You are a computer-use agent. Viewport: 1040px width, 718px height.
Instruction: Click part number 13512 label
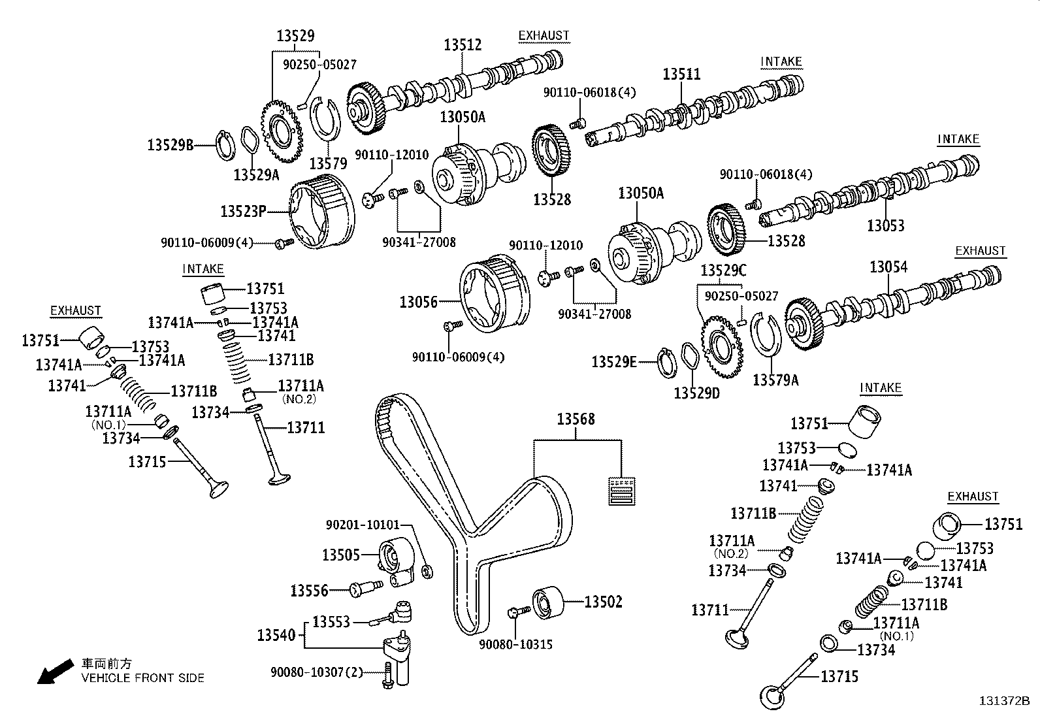(x=463, y=44)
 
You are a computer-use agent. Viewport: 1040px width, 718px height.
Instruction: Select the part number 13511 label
(x=681, y=73)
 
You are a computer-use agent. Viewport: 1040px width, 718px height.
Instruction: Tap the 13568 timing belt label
(x=576, y=419)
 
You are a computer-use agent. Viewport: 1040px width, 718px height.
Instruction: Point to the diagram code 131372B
(x=1004, y=701)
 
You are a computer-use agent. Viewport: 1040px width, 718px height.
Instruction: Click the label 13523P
(x=243, y=211)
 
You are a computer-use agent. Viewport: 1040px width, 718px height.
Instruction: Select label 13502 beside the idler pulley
(x=603, y=602)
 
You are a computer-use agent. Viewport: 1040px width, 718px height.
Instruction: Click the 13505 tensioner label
(x=340, y=555)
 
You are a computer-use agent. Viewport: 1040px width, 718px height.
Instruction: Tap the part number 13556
(x=310, y=591)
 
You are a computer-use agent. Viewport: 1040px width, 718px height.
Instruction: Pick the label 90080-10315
(x=515, y=644)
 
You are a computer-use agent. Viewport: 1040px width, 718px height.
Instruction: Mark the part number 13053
(x=886, y=225)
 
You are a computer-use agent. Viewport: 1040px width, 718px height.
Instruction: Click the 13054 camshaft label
(x=888, y=267)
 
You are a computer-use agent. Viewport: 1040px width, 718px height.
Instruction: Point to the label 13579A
(x=775, y=380)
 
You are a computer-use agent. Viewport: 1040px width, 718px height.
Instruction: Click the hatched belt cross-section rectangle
(x=621, y=491)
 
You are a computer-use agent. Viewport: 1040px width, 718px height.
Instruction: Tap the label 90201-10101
(x=363, y=525)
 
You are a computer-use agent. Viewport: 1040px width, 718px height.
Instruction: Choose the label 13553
(x=331, y=621)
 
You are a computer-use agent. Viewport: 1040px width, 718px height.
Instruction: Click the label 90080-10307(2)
(x=317, y=672)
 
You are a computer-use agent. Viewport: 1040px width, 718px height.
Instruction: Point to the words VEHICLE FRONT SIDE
(x=142, y=677)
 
